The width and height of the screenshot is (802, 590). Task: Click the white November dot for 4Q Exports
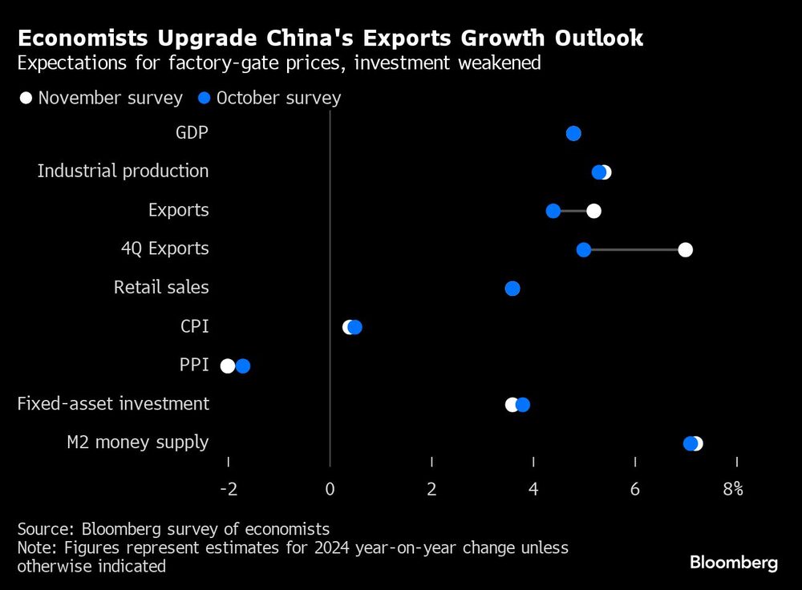(685, 249)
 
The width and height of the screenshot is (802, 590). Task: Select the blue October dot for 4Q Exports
(583, 249)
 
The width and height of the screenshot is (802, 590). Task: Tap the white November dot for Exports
(593, 211)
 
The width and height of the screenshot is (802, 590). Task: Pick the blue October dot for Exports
(553, 211)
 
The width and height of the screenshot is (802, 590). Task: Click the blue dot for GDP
(573, 133)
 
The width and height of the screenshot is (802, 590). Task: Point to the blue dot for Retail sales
(512, 289)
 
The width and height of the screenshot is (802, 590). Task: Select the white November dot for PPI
(228, 366)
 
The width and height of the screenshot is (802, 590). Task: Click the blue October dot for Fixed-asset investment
(523, 405)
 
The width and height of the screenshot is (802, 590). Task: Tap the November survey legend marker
(26, 98)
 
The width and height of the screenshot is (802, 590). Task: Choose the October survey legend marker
(205, 98)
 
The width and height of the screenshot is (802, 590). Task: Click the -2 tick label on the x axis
(228, 489)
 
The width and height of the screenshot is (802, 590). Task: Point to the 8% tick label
(733, 489)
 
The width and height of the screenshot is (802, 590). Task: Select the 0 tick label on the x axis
(330, 489)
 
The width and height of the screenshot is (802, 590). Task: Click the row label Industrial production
(123, 171)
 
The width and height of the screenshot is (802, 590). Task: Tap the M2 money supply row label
(137, 442)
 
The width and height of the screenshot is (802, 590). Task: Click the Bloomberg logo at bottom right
(734, 563)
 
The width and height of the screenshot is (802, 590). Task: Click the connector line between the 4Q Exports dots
(634, 249)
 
